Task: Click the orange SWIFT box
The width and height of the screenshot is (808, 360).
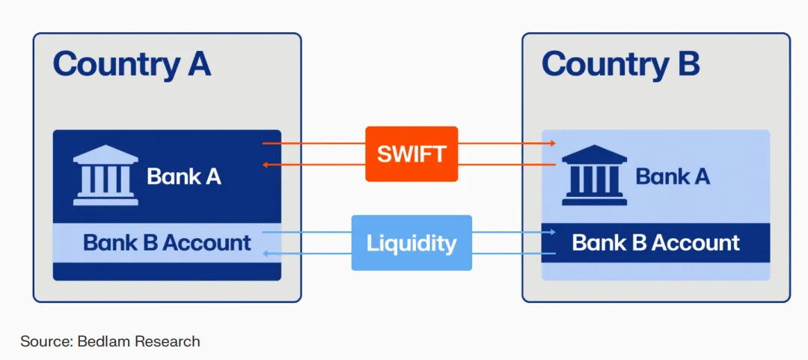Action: [411, 154]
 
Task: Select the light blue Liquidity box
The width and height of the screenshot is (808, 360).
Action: [411, 243]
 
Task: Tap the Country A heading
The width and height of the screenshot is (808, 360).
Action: [132, 64]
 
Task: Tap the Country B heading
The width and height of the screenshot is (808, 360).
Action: [620, 64]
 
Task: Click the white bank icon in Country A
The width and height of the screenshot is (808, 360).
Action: [105, 174]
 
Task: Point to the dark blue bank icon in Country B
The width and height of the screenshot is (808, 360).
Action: [594, 174]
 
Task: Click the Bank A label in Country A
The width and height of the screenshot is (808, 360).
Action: [184, 177]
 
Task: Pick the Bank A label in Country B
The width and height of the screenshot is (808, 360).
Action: [673, 177]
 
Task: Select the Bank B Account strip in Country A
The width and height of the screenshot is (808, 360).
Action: [167, 242]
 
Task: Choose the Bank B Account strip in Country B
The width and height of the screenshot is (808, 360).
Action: [655, 242]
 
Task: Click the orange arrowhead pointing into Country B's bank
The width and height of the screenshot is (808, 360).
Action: [552, 142]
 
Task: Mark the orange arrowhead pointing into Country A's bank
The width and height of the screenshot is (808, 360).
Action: [266, 165]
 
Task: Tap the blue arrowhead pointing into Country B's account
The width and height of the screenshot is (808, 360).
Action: [552, 232]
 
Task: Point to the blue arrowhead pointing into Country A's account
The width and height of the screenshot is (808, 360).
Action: [266, 254]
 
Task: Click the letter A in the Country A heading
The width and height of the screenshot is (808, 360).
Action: [198, 64]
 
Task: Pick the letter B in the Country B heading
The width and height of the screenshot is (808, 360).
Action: [687, 64]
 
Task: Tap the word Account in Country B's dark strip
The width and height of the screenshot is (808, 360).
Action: [696, 242]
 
